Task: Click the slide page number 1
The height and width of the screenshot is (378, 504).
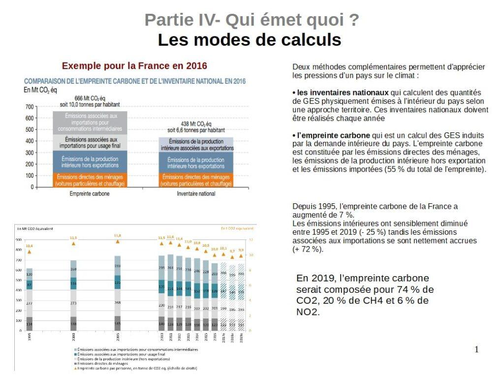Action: pyautogui.click(x=476, y=350)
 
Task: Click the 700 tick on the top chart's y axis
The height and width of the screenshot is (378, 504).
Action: pyautogui.click(x=30, y=107)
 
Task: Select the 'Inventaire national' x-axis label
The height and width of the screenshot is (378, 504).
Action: pyautogui.click(x=196, y=194)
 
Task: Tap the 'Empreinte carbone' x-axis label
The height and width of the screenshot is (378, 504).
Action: pyautogui.click(x=90, y=194)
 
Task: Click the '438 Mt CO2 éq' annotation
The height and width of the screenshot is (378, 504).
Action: pyautogui.click(x=195, y=124)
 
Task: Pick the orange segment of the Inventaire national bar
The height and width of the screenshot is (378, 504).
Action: pyautogui.click(x=196, y=180)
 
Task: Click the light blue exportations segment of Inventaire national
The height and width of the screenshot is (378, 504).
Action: pyautogui.click(x=196, y=144)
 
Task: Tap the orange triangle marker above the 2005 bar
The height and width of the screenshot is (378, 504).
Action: pyautogui.click(x=117, y=242)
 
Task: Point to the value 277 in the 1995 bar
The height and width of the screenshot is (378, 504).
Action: pyautogui.click(x=30, y=303)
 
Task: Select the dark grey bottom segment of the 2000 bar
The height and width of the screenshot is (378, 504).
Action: pyautogui.click(x=73, y=324)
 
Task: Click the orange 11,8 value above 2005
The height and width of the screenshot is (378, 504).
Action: pyautogui.click(x=117, y=236)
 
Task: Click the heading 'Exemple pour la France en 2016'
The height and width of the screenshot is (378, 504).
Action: pyautogui.click(x=134, y=66)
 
